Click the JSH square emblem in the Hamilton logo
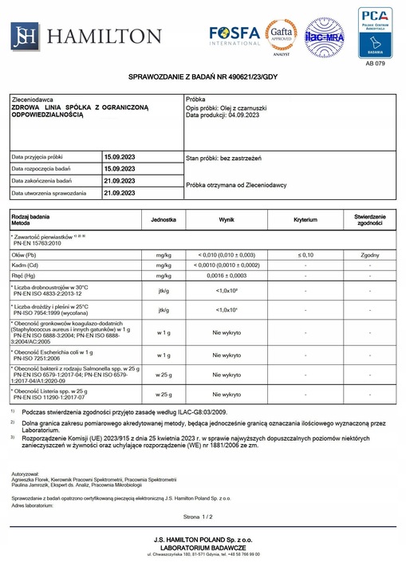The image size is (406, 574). click(x=25, y=36)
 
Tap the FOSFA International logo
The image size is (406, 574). click(x=235, y=35)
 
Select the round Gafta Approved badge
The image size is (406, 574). click(x=282, y=35)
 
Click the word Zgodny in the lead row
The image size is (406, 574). click(x=370, y=254)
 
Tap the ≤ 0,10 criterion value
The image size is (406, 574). click(x=305, y=254)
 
